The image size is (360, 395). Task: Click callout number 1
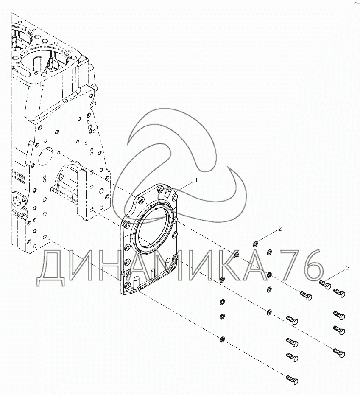tap(196, 180)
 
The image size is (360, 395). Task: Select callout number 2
tap(280, 230)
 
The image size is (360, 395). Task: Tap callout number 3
tap(348, 268)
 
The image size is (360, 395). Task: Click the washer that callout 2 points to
tap(256, 244)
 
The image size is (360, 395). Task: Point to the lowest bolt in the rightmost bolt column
tap(340, 353)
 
